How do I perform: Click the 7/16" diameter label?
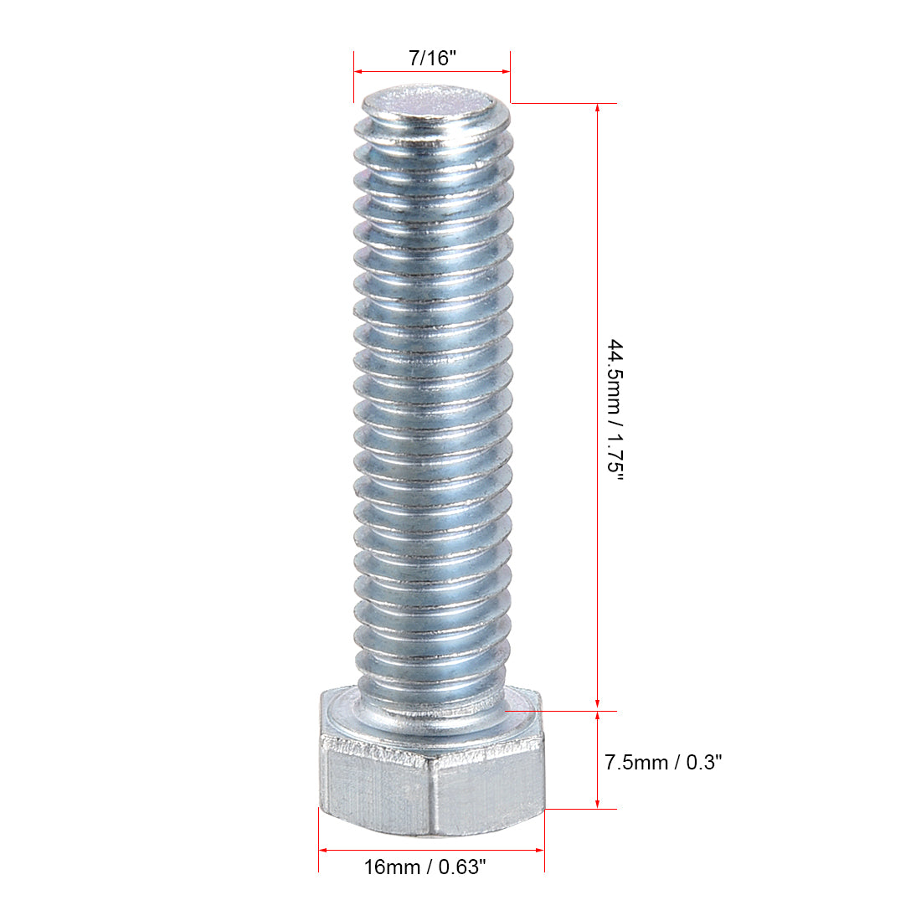(431, 59)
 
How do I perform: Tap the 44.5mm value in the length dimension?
(615, 376)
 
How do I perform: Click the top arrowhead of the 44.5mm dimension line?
(597, 110)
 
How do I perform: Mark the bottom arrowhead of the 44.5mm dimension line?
(597, 705)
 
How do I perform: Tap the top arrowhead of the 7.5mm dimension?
(597, 718)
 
